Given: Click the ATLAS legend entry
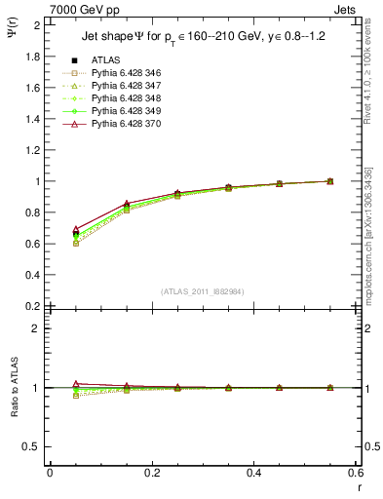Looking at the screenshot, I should pyautogui.click(x=107, y=60).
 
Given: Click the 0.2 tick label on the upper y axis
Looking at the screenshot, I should pyautogui.click(x=32, y=306).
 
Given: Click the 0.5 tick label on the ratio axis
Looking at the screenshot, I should pyautogui.click(x=32, y=446).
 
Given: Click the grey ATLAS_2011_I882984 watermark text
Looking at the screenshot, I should pyautogui.click(x=202, y=291).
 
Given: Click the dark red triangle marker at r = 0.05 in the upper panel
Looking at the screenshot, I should pyautogui.click(x=50, y=228).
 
